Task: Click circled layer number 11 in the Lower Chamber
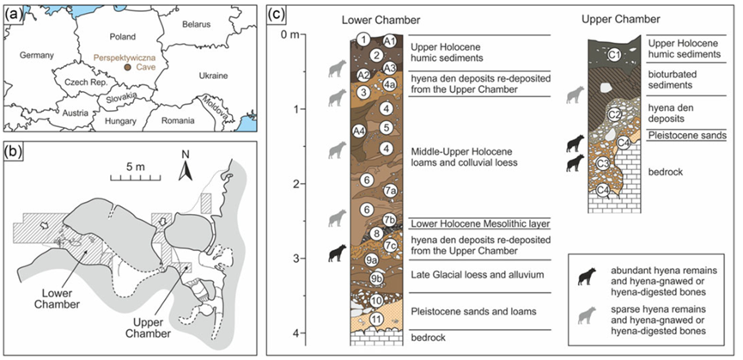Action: tap(376, 319)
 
